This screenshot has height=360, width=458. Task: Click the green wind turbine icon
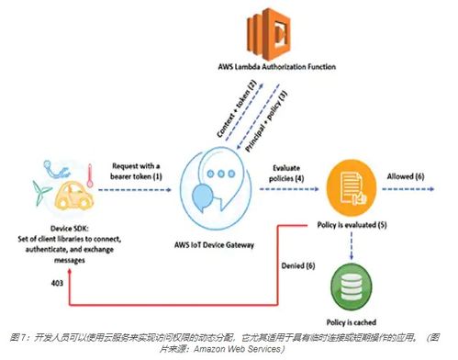[x=40, y=193]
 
